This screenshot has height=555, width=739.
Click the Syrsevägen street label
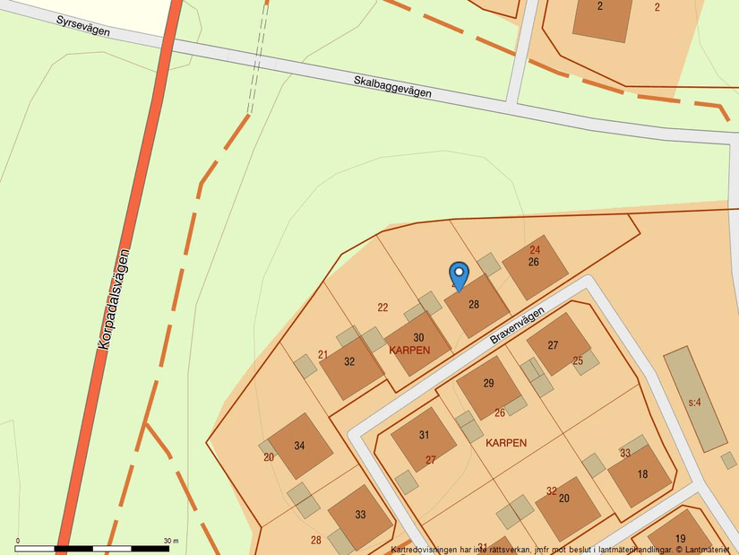[82, 25]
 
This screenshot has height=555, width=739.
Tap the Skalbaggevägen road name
[392, 86]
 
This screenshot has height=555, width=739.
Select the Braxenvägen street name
[517, 325]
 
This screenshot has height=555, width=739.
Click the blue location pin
[459, 275]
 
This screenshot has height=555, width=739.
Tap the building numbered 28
[475, 305]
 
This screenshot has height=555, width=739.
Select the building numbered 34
[299, 446]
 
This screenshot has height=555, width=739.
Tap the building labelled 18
[642, 474]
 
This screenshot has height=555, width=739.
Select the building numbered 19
[681, 538]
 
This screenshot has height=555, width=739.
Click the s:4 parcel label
[694, 403]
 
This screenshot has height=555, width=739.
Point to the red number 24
[535, 250]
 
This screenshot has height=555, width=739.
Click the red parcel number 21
[322, 355]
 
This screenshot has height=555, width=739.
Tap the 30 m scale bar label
[170, 541]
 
